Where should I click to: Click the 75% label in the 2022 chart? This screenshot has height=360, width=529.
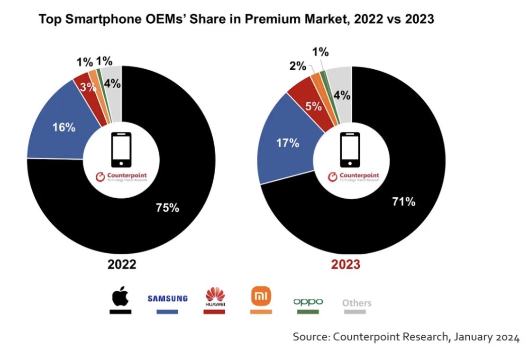pyautogui.click(x=167, y=207)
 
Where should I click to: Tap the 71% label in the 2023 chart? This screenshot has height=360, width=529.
pyautogui.click(x=404, y=202)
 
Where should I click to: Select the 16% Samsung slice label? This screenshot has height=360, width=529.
pyautogui.click(x=64, y=128)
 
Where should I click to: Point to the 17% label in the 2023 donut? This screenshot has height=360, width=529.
pyautogui.click(x=288, y=143)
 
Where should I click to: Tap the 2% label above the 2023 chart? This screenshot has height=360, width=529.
pyautogui.click(x=298, y=66)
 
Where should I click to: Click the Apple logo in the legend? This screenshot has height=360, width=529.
pyautogui.click(x=120, y=297)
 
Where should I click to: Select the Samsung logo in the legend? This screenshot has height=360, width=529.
pyautogui.click(x=167, y=299)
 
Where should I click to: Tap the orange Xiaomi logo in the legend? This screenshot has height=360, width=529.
pyautogui.click(x=261, y=297)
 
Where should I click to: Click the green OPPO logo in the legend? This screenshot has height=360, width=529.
pyautogui.click(x=308, y=301)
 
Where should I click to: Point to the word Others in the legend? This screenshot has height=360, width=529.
pyautogui.click(x=357, y=303)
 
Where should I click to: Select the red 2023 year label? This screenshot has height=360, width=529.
pyautogui.click(x=345, y=264)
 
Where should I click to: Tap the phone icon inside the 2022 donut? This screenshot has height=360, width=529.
pyautogui.click(x=121, y=149)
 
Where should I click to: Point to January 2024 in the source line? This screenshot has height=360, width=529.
pyautogui.click(x=486, y=337)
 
